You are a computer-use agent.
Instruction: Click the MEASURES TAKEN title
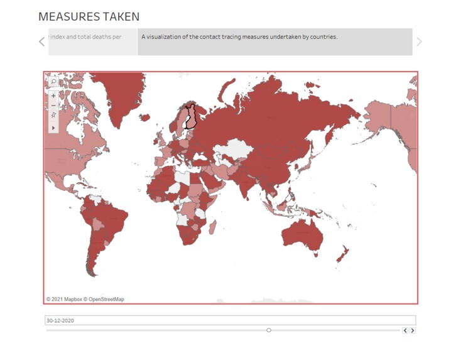click(x=89, y=17)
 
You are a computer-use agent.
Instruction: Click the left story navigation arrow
click(x=42, y=41)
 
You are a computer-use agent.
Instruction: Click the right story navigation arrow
click(x=419, y=41)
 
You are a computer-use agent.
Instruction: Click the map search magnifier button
click(x=53, y=82)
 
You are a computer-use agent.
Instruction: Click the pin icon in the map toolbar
click(x=53, y=115)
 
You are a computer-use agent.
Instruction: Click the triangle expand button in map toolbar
click(x=53, y=128)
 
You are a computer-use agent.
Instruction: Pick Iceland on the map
click(x=145, y=117)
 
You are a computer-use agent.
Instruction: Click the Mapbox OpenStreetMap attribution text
click(x=85, y=299)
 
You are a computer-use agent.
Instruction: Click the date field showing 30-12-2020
click(x=230, y=320)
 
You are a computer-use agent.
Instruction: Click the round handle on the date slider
click(x=269, y=330)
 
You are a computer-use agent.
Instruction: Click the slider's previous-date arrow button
click(x=405, y=330)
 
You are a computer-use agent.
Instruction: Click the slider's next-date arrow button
click(x=413, y=330)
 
